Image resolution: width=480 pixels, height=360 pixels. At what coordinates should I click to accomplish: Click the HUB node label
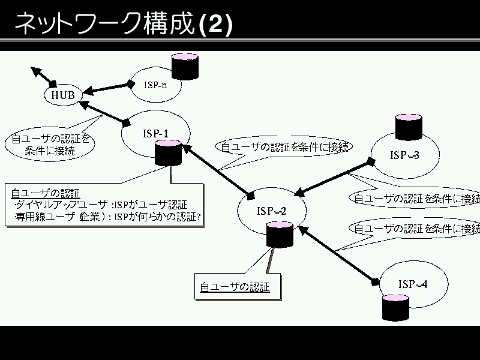pos(62,95)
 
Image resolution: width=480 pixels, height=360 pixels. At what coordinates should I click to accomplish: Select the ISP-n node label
pos(155,85)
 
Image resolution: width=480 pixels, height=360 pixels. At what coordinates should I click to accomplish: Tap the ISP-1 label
pos(156,133)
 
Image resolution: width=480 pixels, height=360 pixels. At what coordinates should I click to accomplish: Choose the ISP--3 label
pos(404,156)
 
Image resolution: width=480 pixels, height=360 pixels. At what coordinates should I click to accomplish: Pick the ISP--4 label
pos(413,284)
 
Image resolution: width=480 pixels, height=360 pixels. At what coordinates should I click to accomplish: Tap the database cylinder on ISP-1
pos(167,153)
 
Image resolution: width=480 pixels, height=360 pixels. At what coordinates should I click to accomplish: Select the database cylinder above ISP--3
pos(409,127)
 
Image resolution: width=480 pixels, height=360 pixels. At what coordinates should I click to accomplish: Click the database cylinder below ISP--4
pos(396,307)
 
